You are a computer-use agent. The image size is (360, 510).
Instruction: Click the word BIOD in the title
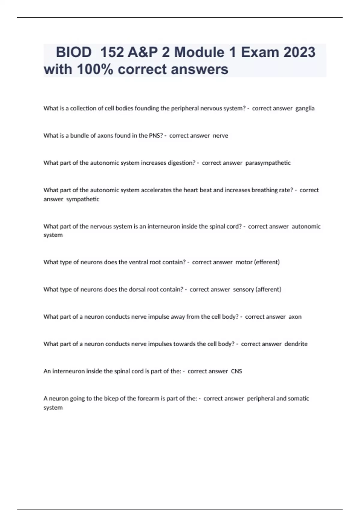click(74, 52)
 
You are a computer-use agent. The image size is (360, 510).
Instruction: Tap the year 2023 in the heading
click(299, 52)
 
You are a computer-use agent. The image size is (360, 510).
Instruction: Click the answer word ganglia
click(305, 109)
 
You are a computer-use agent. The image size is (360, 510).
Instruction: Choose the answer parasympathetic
click(268, 163)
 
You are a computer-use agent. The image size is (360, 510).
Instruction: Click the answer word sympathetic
click(82, 199)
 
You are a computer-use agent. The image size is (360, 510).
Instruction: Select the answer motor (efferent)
click(257, 262)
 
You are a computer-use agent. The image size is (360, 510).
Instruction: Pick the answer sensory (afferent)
click(257, 289)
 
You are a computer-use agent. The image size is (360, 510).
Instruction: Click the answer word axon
click(295, 317)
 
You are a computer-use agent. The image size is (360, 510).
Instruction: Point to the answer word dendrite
click(296, 344)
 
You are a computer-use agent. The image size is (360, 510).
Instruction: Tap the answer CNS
click(236, 371)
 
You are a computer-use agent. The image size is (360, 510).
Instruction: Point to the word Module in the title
click(199, 52)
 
